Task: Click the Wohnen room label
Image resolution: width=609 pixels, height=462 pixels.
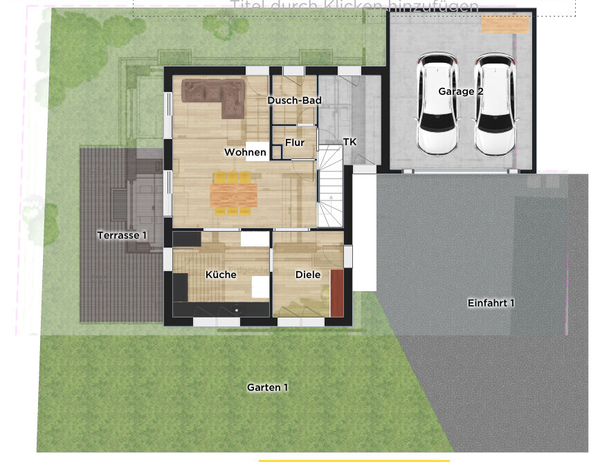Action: (x=245, y=152)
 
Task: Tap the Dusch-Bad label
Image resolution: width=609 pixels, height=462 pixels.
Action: (x=294, y=101)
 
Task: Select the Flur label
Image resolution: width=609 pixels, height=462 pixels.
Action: (x=295, y=143)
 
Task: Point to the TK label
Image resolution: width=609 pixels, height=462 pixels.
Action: (x=349, y=142)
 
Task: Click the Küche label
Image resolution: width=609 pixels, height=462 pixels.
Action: (x=221, y=275)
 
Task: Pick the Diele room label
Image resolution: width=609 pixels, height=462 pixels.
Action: (x=308, y=275)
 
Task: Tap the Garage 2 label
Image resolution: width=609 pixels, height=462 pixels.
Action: (x=456, y=91)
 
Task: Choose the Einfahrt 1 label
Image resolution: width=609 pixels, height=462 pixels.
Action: (x=491, y=303)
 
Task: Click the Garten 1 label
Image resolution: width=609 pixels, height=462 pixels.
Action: (x=267, y=387)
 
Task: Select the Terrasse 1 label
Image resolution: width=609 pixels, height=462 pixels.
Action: (x=122, y=235)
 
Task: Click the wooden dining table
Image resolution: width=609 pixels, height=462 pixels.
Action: (x=233, y=194)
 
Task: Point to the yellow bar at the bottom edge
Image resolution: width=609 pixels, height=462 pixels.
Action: (x=354, y=460)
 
